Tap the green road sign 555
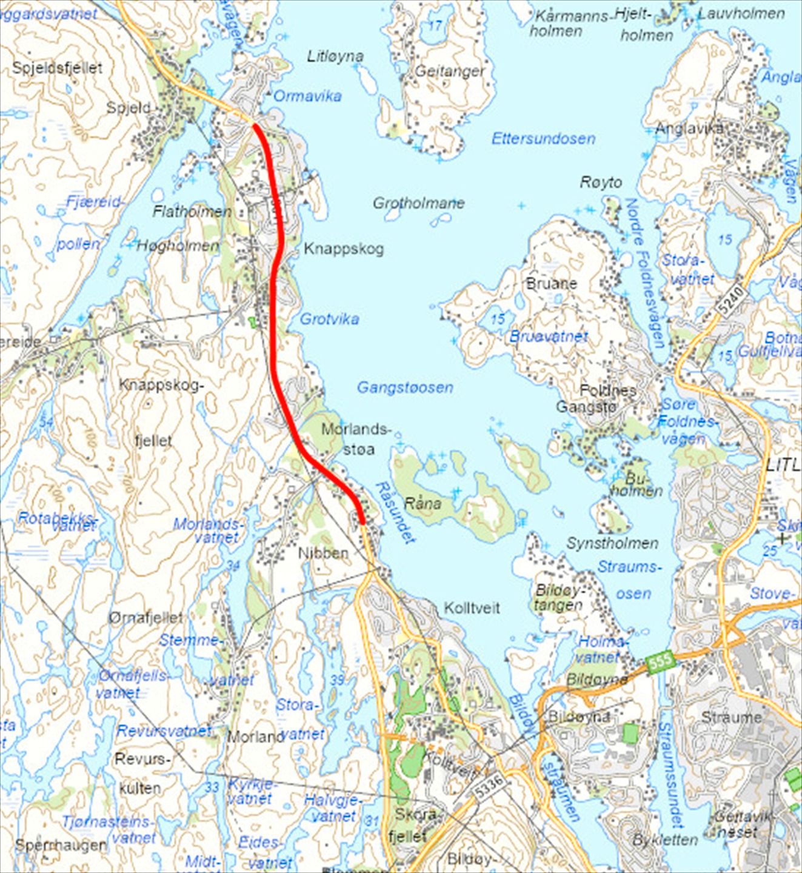(661, 661)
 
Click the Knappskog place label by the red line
(344, 249)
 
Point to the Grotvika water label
(330, 319)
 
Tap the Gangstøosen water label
(404, 387)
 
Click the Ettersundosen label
(543, 139)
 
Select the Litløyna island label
(335, 56)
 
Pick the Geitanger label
(450, 72)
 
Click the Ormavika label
(307, 96)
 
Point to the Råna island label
(423, 503)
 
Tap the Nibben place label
(323, 553)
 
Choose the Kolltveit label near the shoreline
(472, 607)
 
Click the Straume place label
(731, 717)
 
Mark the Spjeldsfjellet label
(58, 68)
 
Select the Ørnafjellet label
(145, 618)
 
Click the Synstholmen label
(612, 543)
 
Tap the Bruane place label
(552, 283)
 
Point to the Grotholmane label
(418, 203)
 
